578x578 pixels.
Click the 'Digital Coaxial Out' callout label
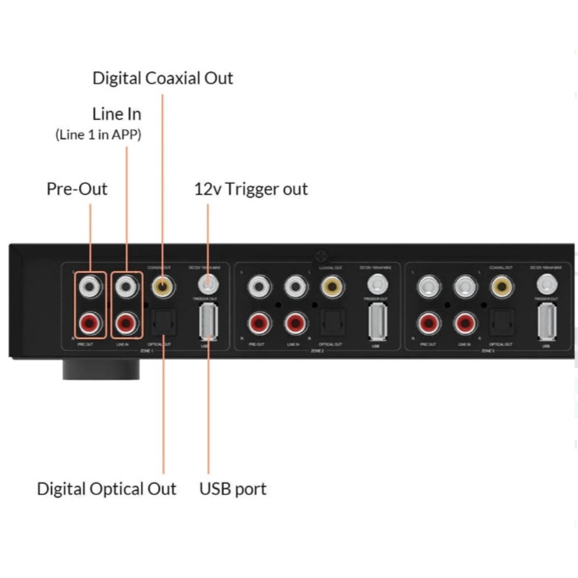point(162,78)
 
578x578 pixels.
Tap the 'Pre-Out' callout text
point(77,189)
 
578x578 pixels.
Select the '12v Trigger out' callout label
point(251,189)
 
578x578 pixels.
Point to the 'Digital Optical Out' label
point(106,488)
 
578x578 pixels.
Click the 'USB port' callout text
point(233,488)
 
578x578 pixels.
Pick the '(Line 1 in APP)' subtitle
point(98,135)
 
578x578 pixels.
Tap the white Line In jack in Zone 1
point(126,286)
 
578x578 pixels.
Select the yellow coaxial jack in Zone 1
point(162,286)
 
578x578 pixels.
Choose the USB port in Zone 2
point(377,321)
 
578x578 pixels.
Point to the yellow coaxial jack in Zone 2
point(331,286)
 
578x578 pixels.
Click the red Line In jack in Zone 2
point(295,324)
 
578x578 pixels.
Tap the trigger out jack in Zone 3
point(546,284)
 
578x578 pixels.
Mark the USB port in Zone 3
point(546,321)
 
